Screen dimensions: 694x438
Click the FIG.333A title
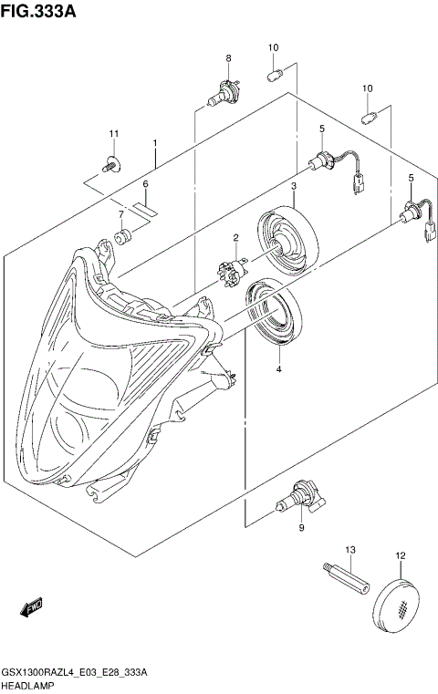(x=38, y=11)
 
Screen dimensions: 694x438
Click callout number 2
(x=235, y=239)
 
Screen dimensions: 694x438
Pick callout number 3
(x=294, y=187)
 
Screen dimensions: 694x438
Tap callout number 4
(x=278, y=369)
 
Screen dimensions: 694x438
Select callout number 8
(x=228, y=59)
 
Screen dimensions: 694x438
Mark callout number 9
(x=301, y=528)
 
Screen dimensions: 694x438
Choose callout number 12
(x=400, y=555)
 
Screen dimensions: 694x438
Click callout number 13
(x=349, y=550)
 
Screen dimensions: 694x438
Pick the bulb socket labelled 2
(x=232, y=270)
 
